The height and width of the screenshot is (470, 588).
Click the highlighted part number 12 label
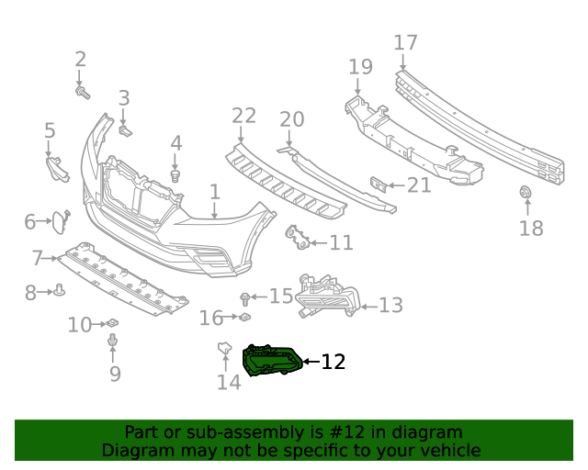[333, 362]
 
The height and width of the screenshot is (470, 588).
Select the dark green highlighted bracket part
[271, 361]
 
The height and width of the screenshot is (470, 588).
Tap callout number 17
[405, 42]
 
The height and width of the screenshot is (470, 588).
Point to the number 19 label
[360, 66]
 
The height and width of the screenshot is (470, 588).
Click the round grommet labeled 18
[526, 194]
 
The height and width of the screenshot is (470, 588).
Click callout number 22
[243, 116]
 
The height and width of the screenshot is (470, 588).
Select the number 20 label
[291, 119]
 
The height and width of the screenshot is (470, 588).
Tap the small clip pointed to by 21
[377, 185]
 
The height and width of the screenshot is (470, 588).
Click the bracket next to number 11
[296, 238]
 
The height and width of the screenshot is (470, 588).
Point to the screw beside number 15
[245, 297]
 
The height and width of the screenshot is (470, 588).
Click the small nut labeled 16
[245, 319]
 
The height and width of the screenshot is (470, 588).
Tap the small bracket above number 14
[222, 349]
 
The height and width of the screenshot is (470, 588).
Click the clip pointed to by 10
[112, 323]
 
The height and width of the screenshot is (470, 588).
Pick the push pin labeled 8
[60, 291]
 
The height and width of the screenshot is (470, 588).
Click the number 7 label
[37, 258]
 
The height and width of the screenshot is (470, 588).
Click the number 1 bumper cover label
[214, 192]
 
